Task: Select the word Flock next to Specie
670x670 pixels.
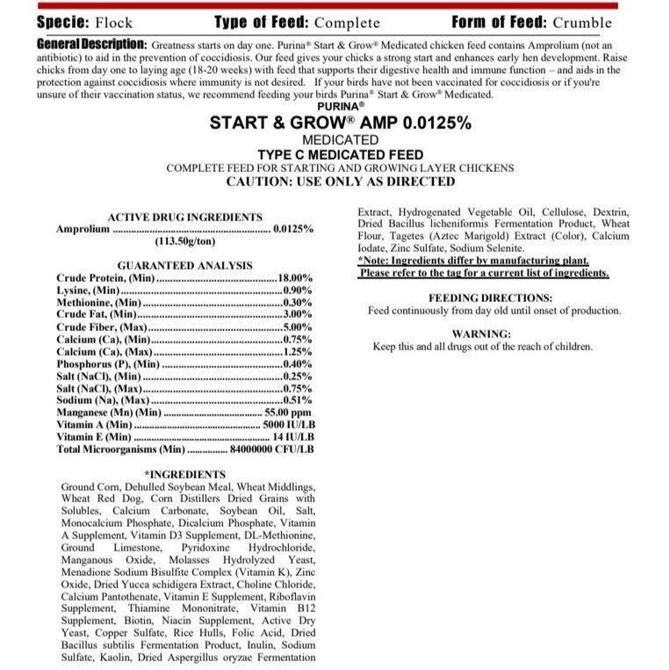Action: click(114, 23)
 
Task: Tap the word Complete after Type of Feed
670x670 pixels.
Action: click(347, 23)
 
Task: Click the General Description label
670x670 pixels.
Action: click(92, 44)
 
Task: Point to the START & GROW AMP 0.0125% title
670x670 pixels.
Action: click(335, 123)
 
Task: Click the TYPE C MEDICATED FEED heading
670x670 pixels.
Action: click(335, 155)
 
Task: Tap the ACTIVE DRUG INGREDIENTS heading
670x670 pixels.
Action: click(184, 217)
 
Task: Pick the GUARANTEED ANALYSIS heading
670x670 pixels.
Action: click(184, 265)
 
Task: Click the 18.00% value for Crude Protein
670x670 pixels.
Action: click(295, 277)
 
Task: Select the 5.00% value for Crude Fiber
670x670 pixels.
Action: click(298, 327)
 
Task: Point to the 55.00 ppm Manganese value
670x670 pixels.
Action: click(288, 412)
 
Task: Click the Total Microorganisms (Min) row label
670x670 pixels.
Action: click(120, 449)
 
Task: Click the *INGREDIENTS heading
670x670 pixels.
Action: click(184, 474)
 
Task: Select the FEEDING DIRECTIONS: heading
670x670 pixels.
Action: click(490, 298)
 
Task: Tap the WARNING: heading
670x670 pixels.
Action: click(480, 334)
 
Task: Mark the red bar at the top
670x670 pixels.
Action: click(335, 5)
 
